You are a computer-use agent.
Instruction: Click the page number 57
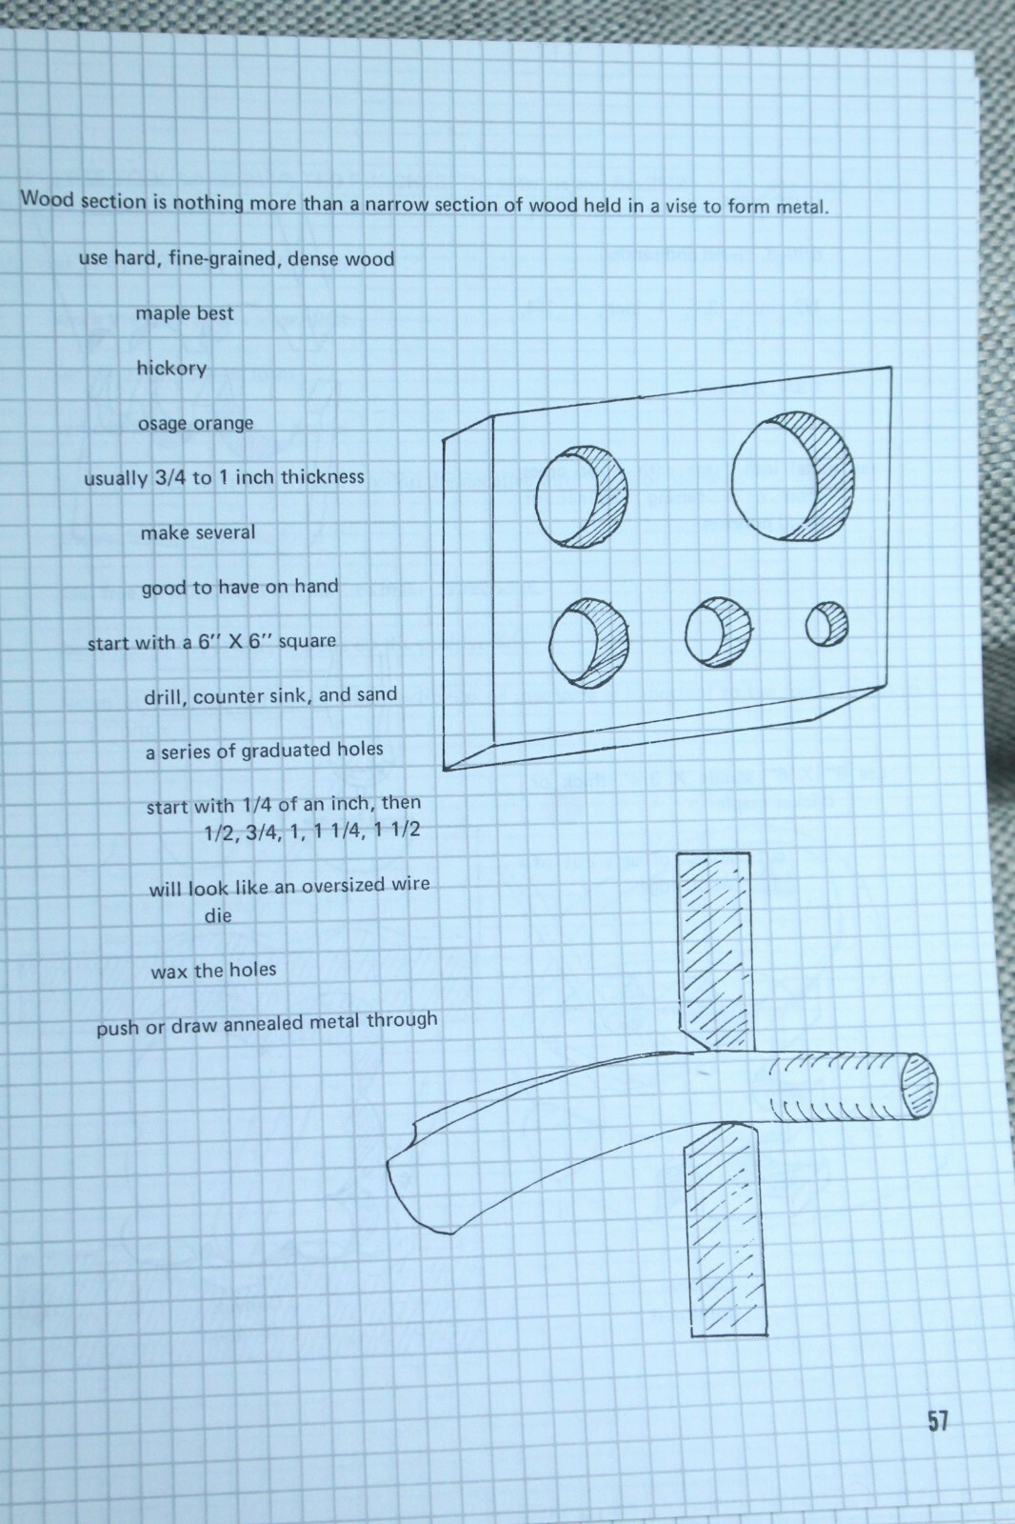click(x=938, y=1421)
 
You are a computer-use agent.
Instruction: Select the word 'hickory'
click(x=171, y=369)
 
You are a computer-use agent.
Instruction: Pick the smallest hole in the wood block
click(x=826, y=624)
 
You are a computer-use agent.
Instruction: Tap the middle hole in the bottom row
click(x=718, y=632)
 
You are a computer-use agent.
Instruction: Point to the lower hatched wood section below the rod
click(x=724, y=1229)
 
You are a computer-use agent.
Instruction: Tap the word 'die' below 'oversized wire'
click(x=218, y=915)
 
